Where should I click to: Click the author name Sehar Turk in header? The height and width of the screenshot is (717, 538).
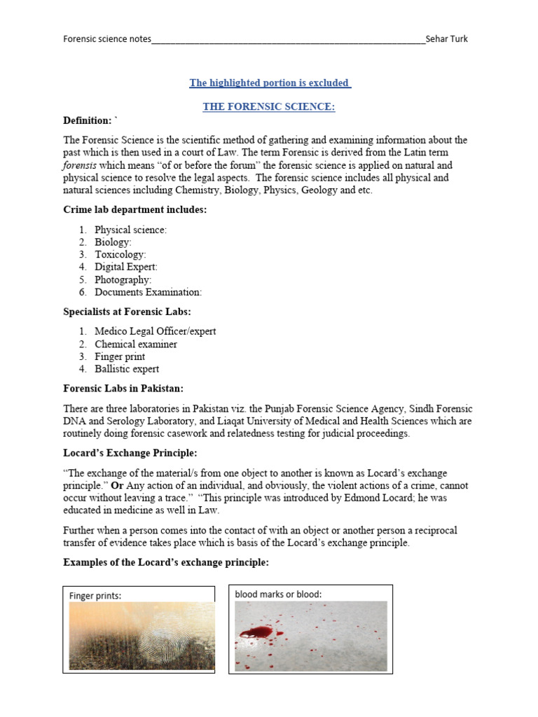(446, 39)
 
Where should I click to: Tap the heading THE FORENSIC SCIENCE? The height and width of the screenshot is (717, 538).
(269, 106)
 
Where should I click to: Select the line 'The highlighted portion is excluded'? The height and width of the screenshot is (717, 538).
(270, 83)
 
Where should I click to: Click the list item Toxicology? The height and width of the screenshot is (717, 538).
(120, 255)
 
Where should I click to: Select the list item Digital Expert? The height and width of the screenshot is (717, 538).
(126, 267)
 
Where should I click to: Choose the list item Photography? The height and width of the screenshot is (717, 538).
(123, 279)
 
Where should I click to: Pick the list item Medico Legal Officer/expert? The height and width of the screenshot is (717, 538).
(155, 331)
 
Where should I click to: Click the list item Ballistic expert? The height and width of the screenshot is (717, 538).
(127, 369)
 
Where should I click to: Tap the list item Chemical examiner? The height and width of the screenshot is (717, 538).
(136, 344)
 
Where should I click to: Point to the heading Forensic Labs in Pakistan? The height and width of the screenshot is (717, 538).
(123, 389)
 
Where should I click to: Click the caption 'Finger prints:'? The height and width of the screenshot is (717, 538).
(95, 596)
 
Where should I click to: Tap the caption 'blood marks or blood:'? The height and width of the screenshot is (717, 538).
(278, 594)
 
